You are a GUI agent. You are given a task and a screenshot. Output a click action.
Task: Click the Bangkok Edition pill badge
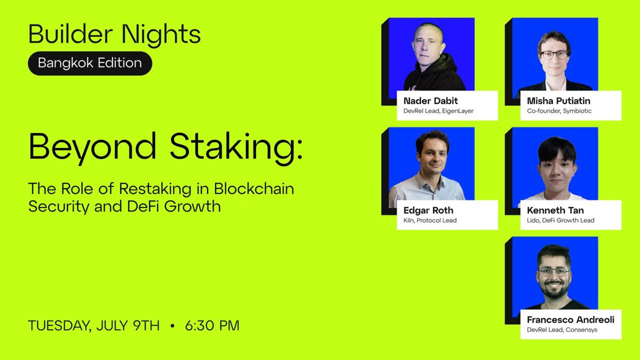coord(90,63)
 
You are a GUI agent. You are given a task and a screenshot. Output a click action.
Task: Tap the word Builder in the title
coord(70,34)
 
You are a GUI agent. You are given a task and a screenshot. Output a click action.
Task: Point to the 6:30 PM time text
coord(212,326)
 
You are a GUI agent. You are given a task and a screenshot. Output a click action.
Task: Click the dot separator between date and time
coord(172,326)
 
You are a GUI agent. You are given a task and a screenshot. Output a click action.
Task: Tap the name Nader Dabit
coord(430,101)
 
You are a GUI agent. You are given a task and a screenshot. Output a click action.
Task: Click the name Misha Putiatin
coord(558,101)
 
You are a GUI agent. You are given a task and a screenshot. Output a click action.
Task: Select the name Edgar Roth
coord(428,210)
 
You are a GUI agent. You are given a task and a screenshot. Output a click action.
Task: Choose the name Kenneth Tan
coord(556,210)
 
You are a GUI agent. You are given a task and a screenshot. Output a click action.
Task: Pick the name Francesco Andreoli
coord(570,320)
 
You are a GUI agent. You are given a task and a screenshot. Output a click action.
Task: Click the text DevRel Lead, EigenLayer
coord(438,111)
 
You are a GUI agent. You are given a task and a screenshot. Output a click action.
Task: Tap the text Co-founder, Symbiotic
coord(559,111)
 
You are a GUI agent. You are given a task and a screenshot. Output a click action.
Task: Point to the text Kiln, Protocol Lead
coord(430,220)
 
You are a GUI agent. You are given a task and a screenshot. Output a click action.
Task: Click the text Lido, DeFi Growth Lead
coord(560,220)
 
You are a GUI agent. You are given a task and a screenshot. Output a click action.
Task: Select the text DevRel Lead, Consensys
coord(562,330)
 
